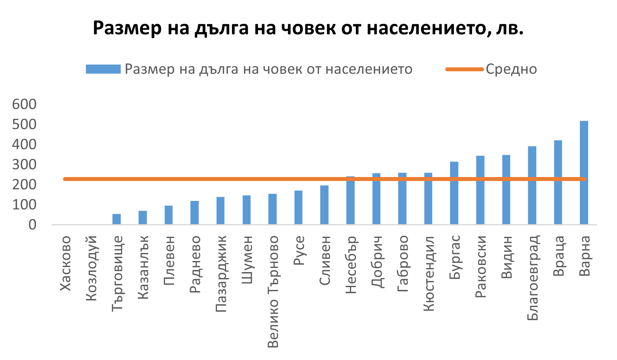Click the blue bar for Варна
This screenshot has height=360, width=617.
(x=584, y=173)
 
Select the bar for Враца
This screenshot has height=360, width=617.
(x=558, y=182)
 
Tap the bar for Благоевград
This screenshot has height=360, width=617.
(x=532, y=185)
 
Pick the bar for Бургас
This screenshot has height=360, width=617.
(x=454, y=193)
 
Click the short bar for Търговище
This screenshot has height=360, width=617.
(x=116, y=219)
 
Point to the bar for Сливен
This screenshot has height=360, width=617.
(x=324, y=205)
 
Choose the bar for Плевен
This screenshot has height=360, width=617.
(x=169, y=215)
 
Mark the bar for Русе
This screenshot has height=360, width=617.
(x=298, y=208)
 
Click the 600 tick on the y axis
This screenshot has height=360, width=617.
(x=24, y=105)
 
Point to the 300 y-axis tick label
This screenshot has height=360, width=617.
(x=24, y=165)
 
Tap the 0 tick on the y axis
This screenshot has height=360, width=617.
(x=32, y=225)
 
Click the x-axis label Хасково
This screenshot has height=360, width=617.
(x=66, y=263)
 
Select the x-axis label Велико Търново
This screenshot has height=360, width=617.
(x=273, y=291)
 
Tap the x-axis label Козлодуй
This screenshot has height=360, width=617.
(x=92, y=268)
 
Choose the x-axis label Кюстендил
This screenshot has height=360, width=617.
(x=429, y=274)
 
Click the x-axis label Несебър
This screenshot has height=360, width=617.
(x=351, y=265)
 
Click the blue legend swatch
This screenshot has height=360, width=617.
(x=103, y=69)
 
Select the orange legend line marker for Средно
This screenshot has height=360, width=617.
(x=465, y=69)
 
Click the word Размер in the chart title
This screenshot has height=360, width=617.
(x=127, y=29)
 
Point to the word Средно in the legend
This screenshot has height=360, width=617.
(x=511, y=69)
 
